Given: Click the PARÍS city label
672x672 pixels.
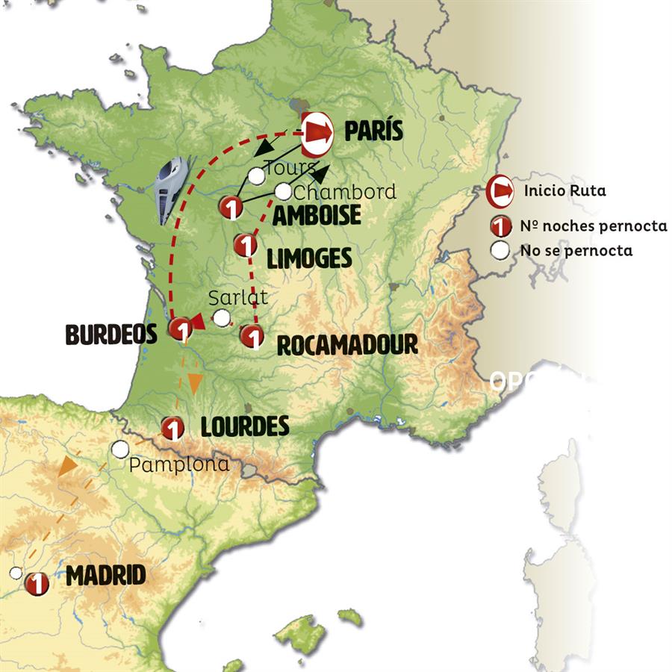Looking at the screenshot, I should (373, 131).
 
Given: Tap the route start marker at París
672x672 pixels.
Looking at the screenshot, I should (317, 131).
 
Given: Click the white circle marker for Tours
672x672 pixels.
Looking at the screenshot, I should (256, 176).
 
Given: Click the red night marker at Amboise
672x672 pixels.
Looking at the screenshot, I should (231, 208).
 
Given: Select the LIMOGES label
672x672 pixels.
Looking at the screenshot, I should (309, 258).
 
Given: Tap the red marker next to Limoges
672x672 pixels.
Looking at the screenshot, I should (245, 245).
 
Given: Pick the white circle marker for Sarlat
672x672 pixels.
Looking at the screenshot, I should (222, 318).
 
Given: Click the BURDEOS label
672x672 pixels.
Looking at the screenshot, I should (111, 335).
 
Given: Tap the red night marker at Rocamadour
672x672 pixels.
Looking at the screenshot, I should (252, 337).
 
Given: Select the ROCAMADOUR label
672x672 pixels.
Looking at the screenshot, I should (346, 345).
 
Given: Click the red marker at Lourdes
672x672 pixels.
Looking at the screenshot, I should (172, 429).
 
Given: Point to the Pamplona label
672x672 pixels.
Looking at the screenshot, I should (179, 464).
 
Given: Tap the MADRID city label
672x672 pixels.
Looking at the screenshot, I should (105, 576).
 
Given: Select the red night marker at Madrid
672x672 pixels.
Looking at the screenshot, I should (36, 583).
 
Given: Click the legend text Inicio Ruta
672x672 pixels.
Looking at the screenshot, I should (564, 191).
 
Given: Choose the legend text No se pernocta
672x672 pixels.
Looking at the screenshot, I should (576, 251).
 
